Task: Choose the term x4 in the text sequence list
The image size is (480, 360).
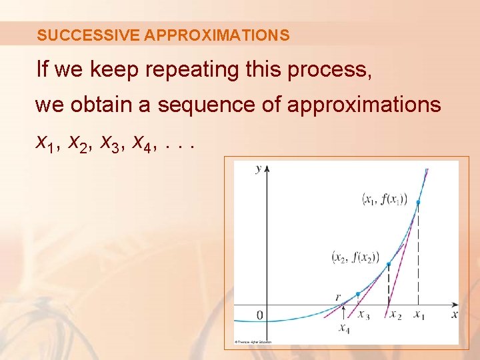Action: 141,141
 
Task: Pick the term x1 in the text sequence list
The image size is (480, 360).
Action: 47,141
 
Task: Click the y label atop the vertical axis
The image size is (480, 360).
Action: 259,169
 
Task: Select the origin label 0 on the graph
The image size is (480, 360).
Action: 260,315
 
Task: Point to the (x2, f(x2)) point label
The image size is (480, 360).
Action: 355,257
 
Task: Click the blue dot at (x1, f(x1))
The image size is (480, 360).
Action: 418,202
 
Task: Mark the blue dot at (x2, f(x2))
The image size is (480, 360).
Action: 389,265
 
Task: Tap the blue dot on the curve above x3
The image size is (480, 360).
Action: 358,294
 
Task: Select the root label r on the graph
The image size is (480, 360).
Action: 339,298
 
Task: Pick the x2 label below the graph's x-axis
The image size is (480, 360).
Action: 395,315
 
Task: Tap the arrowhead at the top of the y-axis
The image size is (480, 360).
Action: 267,168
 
